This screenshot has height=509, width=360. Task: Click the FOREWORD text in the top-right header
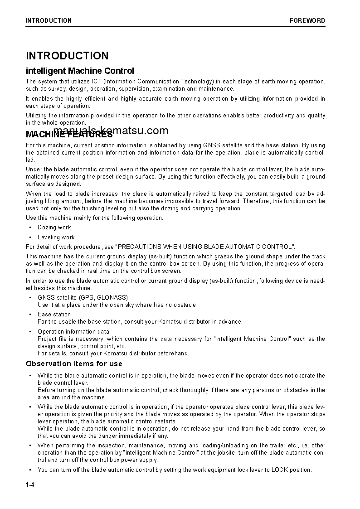[x=307, y=20]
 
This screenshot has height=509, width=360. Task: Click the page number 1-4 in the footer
[x=30, y=485]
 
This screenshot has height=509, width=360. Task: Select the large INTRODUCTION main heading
[x=67, y=56]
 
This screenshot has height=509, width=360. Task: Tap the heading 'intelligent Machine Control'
[x=80, y=71]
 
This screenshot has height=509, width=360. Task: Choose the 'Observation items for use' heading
[x=74, y=364]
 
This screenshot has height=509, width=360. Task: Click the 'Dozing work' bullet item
[x=54, y=228]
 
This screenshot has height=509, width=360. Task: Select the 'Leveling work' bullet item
[x=56, y=237]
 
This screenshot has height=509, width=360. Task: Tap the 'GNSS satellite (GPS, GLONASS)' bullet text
[x=83, y=298]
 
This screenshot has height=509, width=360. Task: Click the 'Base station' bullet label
[x=54, y=314]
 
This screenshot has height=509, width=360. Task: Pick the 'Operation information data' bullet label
[x=73, y=331]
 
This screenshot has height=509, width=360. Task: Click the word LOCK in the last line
[x=279, y=470]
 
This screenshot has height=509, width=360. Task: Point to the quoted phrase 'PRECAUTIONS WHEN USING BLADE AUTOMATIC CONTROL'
[x=205, y=247]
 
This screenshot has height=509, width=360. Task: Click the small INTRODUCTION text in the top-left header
[x=49, y=20]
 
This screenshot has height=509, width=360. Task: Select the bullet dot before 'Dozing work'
[x=30, y=228]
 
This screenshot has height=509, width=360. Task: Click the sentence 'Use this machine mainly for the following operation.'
[x=94, y=218]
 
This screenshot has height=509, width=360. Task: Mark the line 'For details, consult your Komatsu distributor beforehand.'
[x=113, y=353]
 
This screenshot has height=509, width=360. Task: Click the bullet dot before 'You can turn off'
[x=30, y=470]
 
